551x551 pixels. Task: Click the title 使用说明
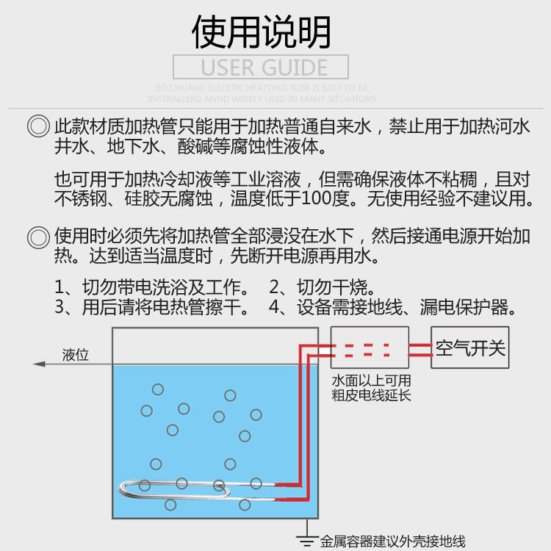click(261, 32)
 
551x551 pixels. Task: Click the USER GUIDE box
click(261, 67)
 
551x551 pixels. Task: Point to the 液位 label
click(76, 355)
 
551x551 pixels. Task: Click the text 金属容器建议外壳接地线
click(392, 542)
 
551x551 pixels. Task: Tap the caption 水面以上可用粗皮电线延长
click(371, 389)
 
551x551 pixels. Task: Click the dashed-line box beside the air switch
click(370, 347)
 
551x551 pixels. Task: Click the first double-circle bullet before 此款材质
click(38, 126)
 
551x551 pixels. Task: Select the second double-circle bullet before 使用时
click(38, 237)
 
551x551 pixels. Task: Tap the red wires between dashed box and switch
click(420, 348)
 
